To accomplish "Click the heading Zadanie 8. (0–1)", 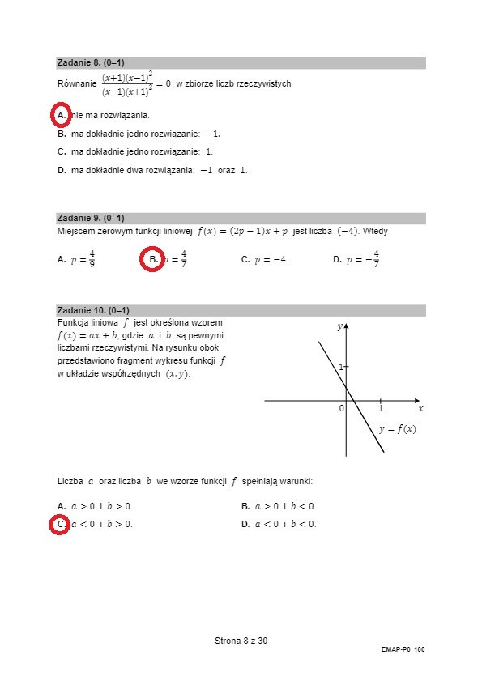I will click(91, 62).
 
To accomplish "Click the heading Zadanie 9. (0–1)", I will click(91, 218).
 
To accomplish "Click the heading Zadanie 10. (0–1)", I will click(93, 310).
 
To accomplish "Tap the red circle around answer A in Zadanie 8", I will click(61, 116).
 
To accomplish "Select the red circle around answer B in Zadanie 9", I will click(152, 260).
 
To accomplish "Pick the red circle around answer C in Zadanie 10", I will click(61, 525).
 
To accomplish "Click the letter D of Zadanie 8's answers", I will click(62, 170).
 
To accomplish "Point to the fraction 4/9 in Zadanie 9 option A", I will click(92, 259).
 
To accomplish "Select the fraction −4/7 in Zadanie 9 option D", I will click(373, 259).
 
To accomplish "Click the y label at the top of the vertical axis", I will click(339, 326).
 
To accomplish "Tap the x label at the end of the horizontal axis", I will click(420, 409).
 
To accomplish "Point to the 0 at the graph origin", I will click(341, 409).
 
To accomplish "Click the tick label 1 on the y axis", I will click(341, 367).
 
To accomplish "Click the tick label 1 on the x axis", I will click(380, 409).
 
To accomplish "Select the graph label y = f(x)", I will click(397, 429).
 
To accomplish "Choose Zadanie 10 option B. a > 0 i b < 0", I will click(279, 506).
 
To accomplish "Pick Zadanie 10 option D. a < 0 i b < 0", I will click(279, 524).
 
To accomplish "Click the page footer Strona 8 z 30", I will click(241, 641).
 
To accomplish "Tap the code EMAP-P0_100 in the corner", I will click(403, 649).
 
